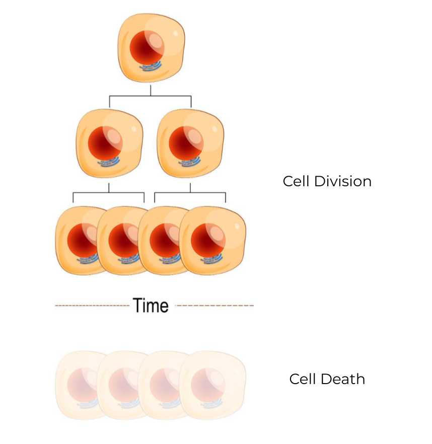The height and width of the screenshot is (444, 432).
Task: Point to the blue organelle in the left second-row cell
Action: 108,162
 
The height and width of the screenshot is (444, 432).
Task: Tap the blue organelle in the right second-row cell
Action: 189,162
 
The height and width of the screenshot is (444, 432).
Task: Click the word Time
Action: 151,305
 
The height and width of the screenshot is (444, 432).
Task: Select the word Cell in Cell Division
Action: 296,181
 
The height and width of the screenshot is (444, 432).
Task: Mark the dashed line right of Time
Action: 214,306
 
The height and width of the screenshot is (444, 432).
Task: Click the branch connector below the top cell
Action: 151,95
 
